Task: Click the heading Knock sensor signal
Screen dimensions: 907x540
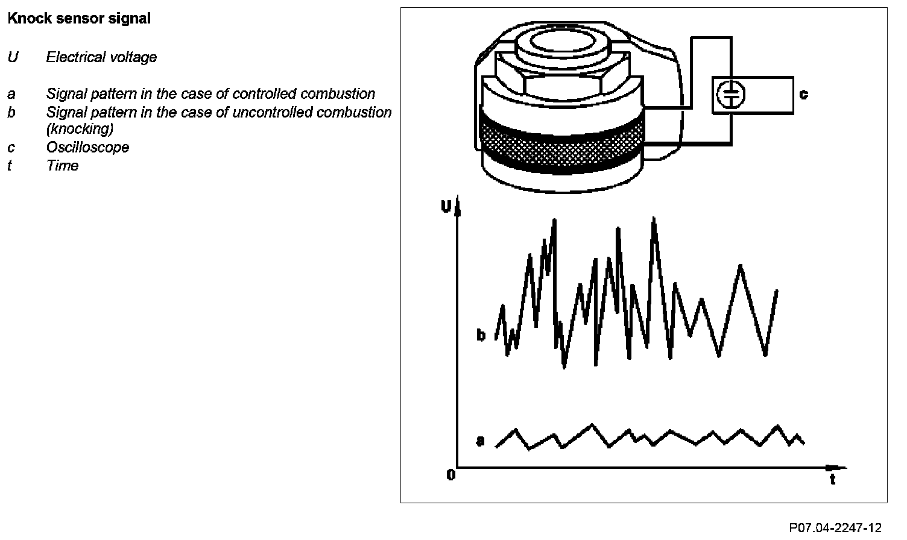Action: pyautogui.click(x=79, y=19)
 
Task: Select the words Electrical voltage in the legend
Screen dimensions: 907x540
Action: pyautogui.click(x=101, y=57)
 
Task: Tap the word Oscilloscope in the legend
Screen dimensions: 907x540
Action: pyautogui.click(x=87, y=148)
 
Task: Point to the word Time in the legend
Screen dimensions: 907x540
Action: pyautogui.click(x=62, y=166)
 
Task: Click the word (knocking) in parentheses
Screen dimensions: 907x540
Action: pyautogui.click(x=80, y=129)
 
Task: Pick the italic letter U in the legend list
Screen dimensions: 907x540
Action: pyautogui.click(x=13, y=57)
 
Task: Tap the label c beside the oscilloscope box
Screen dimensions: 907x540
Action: pyautogui.click(x=803, y=95)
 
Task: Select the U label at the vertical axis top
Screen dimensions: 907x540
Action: pyautogui.click(x=446, y=207)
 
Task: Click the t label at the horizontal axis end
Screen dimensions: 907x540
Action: pyautogui.click(x=833, y=480)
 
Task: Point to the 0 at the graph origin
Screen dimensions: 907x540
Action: pyautogui.click(x=450, y=476)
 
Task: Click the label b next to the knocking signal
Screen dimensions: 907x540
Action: pyautogui.click(x=481, y=335)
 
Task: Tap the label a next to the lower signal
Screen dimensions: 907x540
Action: pyautogui.click(x=480, y=441)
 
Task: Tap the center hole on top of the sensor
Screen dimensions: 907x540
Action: pyautogui.click(x=561, y=44)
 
